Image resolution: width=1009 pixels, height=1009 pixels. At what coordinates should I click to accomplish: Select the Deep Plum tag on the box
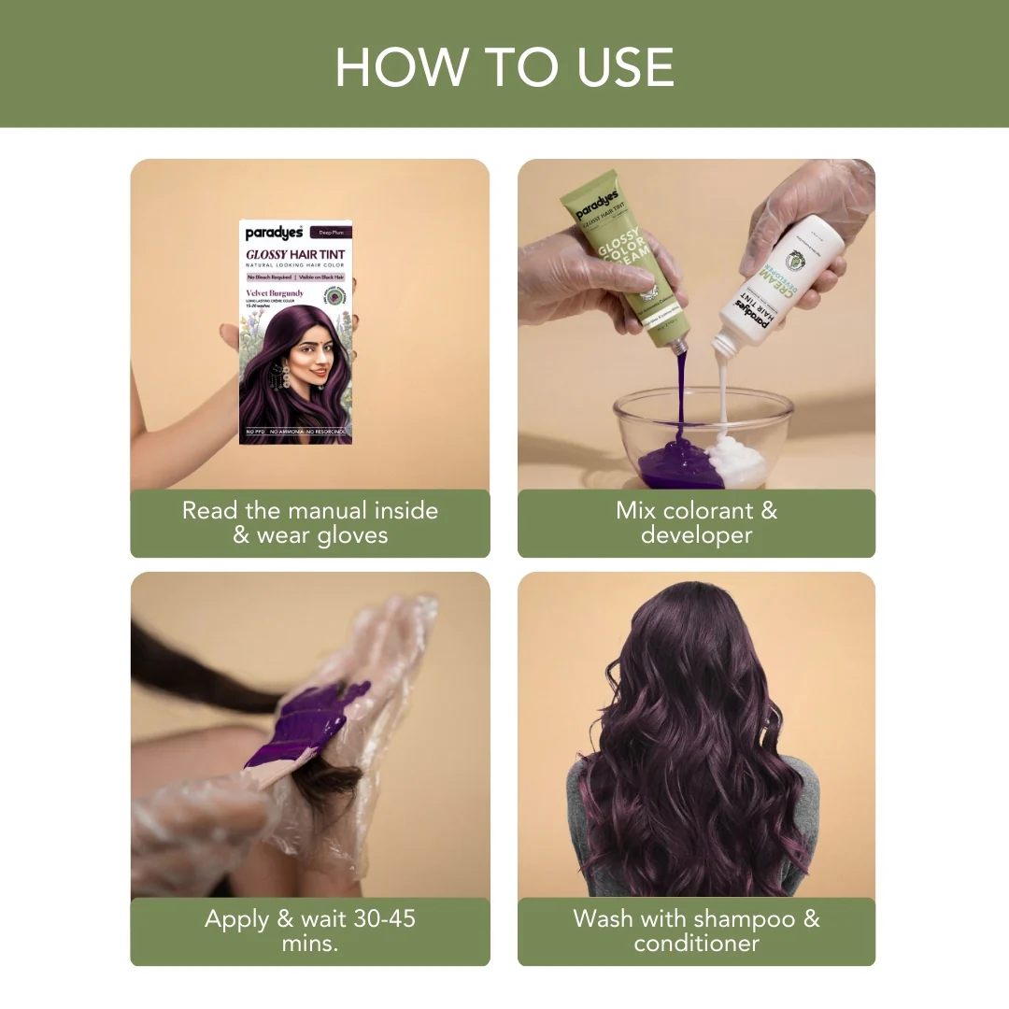[x=333, y=233]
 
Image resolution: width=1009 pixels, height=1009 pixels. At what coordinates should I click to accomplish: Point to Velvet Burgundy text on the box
[x=275, y=293]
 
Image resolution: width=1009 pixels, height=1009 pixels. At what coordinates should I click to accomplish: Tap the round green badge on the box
[x=334, y=297]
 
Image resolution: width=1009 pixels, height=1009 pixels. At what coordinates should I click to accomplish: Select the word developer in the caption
[x=696, y=535]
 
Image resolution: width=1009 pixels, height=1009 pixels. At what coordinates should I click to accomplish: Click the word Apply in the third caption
[x=236, y=918]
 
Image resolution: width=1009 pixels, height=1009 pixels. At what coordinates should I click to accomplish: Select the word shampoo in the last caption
[x=742, y=918]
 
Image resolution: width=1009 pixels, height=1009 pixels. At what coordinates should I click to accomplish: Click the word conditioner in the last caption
[x=696, y=944]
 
